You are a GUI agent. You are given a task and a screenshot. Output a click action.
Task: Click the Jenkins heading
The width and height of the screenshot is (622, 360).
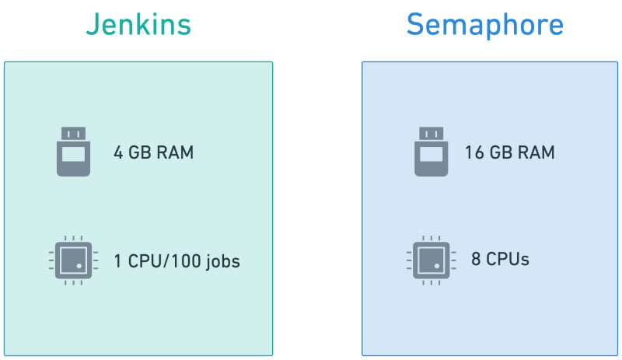(138, 25)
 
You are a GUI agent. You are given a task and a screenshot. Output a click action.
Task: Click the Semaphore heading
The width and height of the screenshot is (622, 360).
(484, 25)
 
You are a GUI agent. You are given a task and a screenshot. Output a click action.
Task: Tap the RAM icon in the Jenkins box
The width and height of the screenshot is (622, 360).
(74, 152)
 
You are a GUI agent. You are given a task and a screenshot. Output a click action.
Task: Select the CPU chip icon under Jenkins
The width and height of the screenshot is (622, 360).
(73, 261)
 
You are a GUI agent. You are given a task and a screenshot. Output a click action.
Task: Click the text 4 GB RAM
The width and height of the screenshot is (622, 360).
(153, 152)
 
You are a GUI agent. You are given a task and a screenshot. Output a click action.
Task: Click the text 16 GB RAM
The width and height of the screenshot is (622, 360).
(509, 152)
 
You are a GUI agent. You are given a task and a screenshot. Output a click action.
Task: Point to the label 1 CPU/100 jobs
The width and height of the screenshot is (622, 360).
(176, 262)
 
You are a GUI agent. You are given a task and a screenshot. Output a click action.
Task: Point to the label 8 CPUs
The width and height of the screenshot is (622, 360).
(500, 259)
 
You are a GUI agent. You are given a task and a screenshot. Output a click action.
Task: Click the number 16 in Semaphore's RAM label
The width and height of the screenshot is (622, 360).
(473, 152)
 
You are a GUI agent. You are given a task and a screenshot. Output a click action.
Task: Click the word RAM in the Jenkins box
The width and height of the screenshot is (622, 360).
(176, 152)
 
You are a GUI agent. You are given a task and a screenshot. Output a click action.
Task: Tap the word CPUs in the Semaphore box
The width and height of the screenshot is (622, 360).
(508, 259)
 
